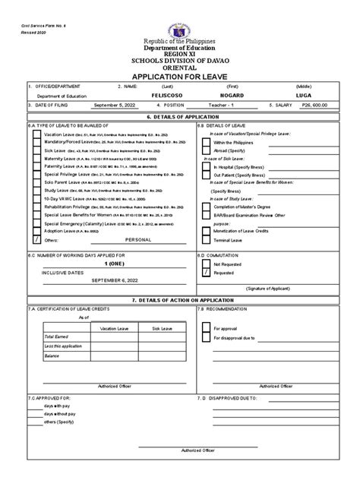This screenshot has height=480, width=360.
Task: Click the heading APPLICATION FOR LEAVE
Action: [x=179, y=77]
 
